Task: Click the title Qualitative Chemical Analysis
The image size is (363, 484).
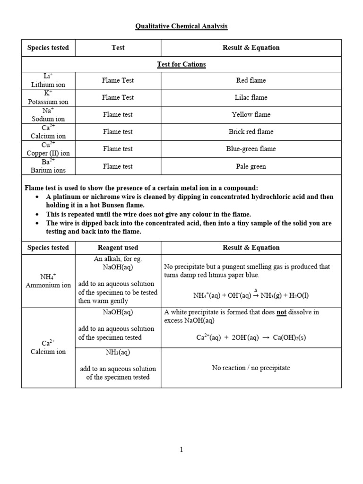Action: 181,26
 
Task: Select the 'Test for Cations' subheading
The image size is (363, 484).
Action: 181,64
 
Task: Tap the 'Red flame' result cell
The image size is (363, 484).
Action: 251,80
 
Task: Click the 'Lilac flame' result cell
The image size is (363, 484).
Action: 251,97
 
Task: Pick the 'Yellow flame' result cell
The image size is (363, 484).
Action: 251,114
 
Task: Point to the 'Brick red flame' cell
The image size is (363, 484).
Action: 251,131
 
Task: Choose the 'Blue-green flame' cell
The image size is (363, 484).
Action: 251,149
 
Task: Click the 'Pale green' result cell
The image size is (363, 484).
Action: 251,166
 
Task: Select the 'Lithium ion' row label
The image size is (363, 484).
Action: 48,85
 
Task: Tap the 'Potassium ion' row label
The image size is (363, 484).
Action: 48,102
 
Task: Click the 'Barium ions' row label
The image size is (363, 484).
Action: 48,170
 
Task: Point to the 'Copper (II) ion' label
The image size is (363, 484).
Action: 48,153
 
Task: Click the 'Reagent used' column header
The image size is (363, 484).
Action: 118,248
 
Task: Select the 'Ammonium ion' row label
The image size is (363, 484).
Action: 48,285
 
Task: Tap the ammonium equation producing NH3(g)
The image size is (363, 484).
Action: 251,294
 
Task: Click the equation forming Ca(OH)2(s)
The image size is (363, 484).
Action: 251,337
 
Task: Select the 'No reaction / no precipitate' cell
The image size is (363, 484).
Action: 251,368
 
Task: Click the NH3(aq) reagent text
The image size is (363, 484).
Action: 118,353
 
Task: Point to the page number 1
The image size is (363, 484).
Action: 181,449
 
